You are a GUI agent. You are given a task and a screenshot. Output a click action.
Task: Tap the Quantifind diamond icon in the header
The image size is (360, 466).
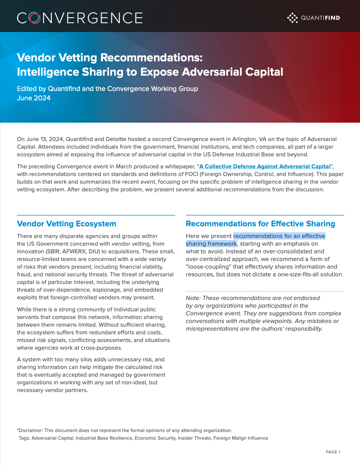coord(292,18)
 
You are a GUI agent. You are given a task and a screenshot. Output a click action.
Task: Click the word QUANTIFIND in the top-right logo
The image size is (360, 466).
coord(320,18)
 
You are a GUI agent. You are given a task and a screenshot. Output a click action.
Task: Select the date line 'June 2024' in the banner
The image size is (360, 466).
coord(34,98)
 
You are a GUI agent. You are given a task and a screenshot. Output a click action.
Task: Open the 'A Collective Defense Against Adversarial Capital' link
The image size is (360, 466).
coord(265,166)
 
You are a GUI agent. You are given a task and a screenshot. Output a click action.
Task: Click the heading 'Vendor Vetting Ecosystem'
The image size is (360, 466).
coord(67,224)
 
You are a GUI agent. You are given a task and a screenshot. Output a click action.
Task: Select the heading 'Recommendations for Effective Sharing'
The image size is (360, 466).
coord(260,224)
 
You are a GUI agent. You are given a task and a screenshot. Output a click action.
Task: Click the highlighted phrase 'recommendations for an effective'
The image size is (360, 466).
coord(279,236)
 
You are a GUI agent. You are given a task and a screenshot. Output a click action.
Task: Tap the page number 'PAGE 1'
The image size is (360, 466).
coord(333,452)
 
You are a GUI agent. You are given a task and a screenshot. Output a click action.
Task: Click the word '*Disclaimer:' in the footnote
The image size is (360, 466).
coord(30,430)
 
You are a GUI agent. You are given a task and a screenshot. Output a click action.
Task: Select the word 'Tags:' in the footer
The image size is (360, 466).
coord(24,438)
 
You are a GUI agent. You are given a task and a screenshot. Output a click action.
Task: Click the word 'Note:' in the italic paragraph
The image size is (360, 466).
coord(193,298)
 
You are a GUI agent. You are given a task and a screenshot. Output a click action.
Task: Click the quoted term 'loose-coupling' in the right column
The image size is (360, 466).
coord(208,267)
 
